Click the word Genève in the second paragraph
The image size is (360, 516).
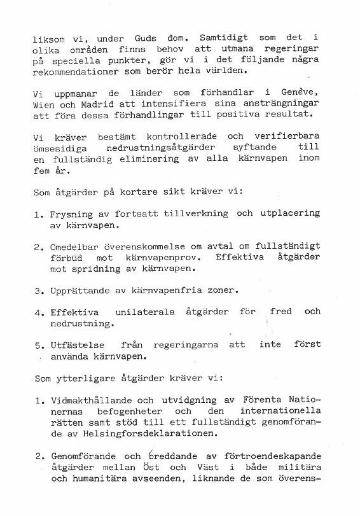pos(300,92)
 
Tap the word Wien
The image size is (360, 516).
pos(43,105)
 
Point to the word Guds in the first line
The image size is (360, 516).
pos(145,38)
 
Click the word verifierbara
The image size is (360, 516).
pos(287,136)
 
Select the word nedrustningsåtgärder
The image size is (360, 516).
pos(160,148)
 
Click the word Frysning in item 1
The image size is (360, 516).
pos(71,214)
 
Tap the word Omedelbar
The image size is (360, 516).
pos(74,247)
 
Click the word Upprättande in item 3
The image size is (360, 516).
pos(80,291)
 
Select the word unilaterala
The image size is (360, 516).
pos(145,312)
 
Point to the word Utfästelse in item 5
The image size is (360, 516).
pos(78,345)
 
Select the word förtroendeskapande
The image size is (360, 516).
pos(272,456)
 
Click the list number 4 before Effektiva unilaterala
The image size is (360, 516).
pos(37,313)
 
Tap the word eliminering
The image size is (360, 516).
pos(149,159)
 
